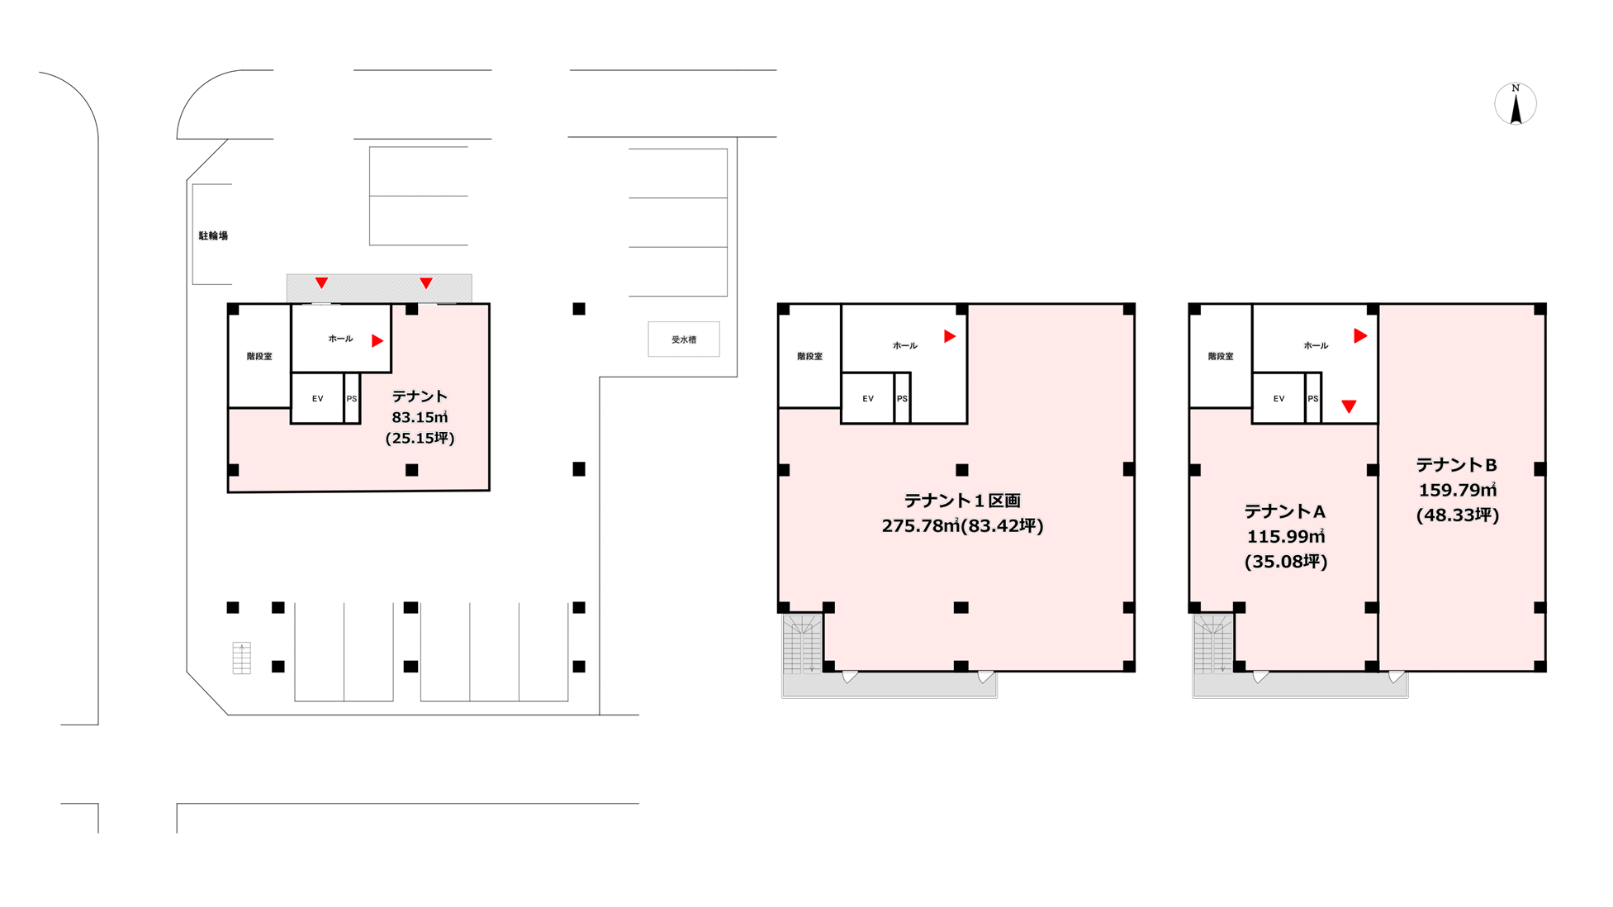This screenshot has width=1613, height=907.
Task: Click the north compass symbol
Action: tap(1516, 104)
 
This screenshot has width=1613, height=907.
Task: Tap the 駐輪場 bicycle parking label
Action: tap(213, 236)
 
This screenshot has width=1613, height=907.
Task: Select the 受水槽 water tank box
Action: tap(684, 340)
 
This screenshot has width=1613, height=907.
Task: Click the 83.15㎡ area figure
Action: tap(420, 417)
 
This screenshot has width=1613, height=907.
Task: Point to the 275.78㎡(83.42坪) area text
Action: tap(962, 525)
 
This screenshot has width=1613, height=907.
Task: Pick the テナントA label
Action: tap(1285, 511)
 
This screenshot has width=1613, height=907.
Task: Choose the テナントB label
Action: tap(1457, 465)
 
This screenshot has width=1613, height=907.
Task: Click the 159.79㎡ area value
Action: tap(1458, 490)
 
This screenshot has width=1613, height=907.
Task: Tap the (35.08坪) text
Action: tap(1286, 562)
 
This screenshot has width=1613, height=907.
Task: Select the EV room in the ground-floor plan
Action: tap(318, 398)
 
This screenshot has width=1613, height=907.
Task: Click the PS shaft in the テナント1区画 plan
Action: tap(902, 398)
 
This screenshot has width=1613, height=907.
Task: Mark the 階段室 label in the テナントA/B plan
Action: tap(1221, 357)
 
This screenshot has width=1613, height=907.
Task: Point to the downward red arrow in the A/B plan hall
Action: tap(1349, 406)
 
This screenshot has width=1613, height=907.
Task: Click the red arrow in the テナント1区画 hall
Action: tap(950, 336)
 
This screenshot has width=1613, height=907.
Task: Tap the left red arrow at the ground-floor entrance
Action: tap(321, 283)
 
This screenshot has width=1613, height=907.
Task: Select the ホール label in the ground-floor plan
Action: tap(340, 339)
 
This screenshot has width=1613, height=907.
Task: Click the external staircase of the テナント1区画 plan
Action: tap(802, 643)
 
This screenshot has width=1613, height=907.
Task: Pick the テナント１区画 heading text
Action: tap(962, 501)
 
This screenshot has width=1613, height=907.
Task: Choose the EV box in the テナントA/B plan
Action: tap(1279, 398)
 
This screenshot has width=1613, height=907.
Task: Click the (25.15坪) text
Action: tap(420, 438)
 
